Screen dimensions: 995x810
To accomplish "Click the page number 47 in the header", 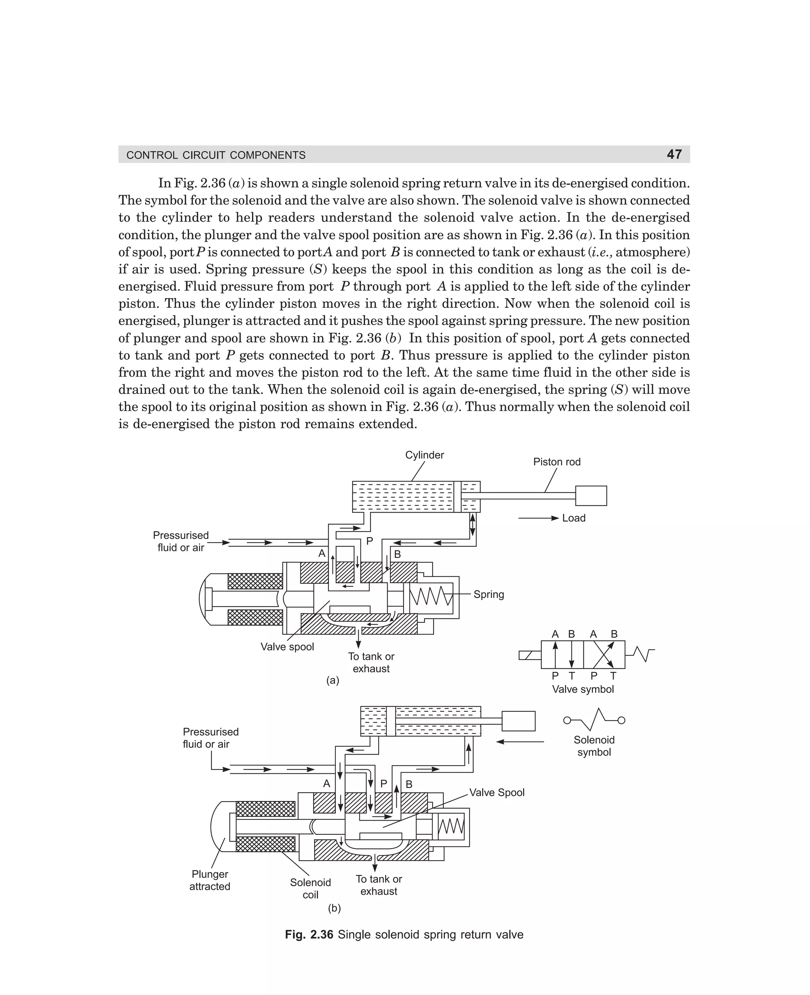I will click(674, 154).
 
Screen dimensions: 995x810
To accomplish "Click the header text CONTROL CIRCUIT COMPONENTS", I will click(216, 155).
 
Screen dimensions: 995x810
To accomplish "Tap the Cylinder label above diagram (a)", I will click(424, 455).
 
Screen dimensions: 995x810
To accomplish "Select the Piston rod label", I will click(556, 462).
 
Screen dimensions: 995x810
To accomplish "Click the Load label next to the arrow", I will click(573, 518).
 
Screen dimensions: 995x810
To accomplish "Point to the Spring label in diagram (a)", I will click(488, 594).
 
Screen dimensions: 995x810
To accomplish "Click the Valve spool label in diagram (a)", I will click(287, 647).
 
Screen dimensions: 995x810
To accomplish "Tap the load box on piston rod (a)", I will click(591, 496).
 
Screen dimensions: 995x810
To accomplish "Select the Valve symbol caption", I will click(583, 689).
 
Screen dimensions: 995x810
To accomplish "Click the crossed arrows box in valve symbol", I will click(604, 655).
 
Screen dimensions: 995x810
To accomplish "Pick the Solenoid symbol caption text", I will click(594, 746).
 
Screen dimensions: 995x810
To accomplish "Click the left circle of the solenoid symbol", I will click(567, 720).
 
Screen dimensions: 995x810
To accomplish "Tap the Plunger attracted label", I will click(210, 880).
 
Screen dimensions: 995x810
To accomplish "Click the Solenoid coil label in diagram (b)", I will click(310, 888).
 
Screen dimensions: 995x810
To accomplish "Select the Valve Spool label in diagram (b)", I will click(496, 792).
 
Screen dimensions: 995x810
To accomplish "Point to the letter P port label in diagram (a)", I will click(369, 541).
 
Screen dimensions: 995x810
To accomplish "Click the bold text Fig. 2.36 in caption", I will click(309, 934).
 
